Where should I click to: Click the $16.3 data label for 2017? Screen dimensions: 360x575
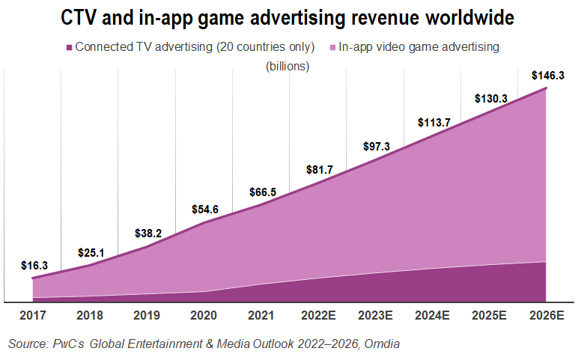[34, 265]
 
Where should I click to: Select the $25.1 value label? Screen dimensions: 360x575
[92, 251]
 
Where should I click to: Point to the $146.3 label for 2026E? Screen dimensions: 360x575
[546, 76]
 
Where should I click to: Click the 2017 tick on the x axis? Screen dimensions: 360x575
[34, 315]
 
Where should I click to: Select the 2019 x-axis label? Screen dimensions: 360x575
[147, 315]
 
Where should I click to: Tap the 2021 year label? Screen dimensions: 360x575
[261, 315]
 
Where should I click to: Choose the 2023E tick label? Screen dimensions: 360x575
[375, 315]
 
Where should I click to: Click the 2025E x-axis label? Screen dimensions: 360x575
[489, 315]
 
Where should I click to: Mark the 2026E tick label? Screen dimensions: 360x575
[546, 315]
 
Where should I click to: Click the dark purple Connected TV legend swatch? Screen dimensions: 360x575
[70, 47]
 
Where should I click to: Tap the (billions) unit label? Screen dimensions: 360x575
[287, 66]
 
